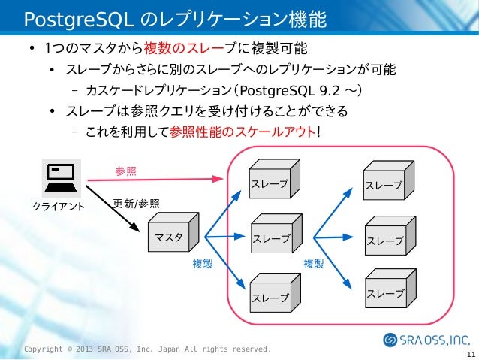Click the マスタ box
(x=173, y=234)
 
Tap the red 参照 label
(x=125, y=171)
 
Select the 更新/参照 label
(x=136, y=203)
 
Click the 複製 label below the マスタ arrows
(x=203, y=264)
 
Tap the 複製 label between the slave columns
(x=314, y=264)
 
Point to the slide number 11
(x=470, y=355)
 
